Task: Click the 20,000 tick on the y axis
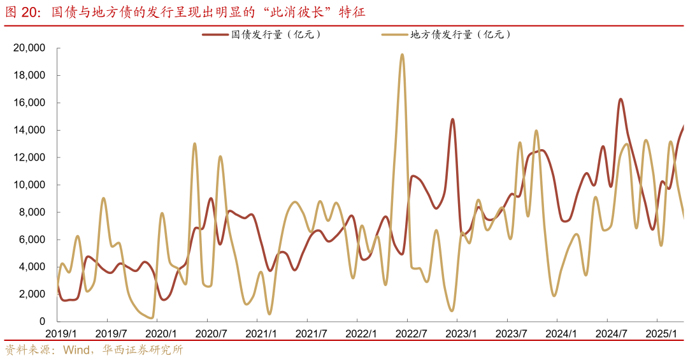point(29,48)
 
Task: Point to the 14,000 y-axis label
point(29,131)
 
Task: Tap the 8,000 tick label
point(32,213)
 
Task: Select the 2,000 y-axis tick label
point(32,294)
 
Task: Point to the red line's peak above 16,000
point(620,99)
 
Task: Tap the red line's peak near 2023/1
point(452,119)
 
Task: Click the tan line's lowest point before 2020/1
point(151,317)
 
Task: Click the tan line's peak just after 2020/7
point(220,156)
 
